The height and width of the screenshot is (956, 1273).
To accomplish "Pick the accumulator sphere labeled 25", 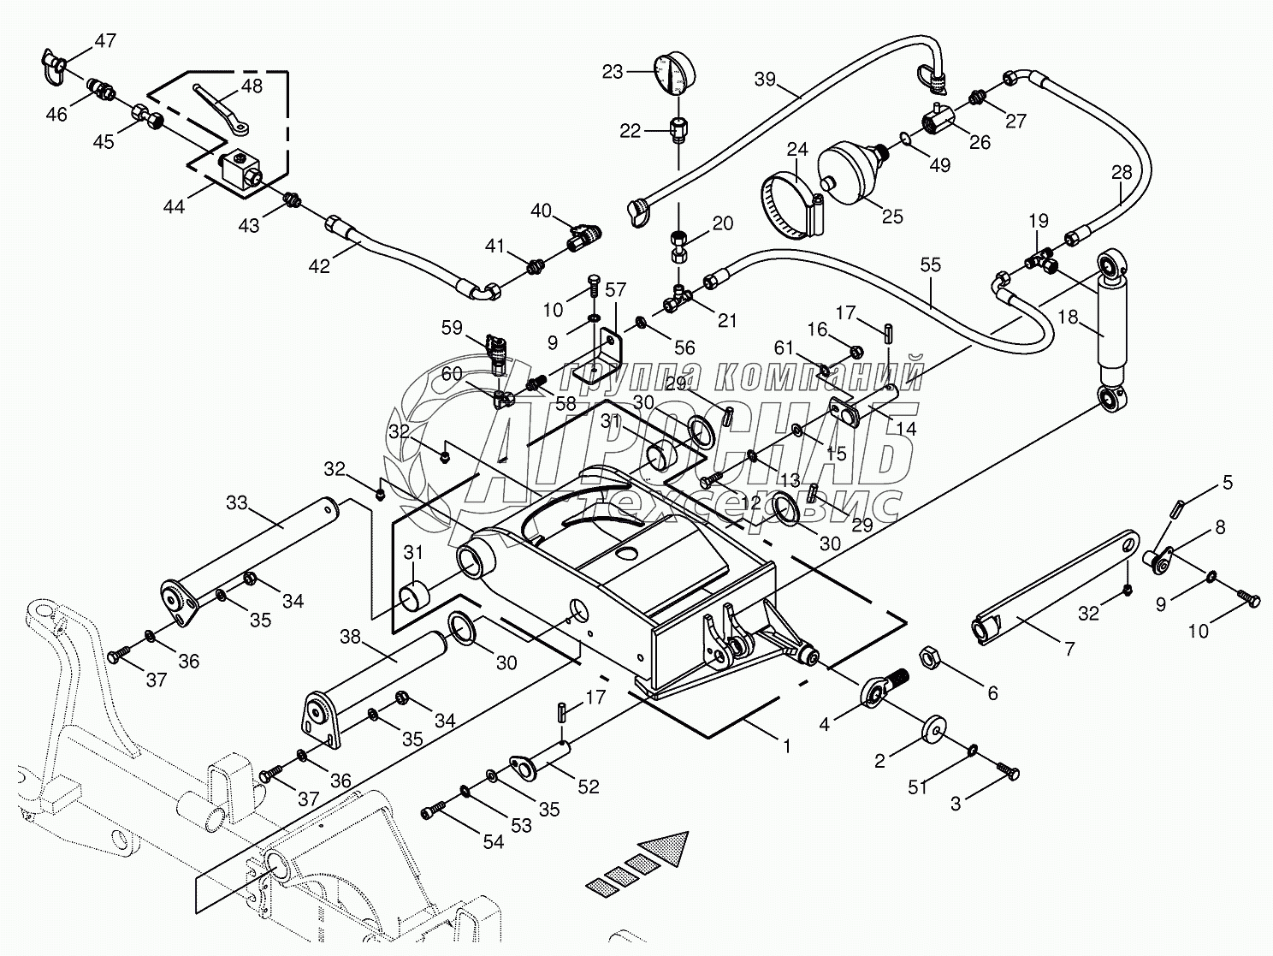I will coord(850,173).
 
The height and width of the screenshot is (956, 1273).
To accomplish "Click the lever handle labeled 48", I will coord(220,107).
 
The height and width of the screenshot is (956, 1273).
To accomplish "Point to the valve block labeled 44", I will coord(240,169).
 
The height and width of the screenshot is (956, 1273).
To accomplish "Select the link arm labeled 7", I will coord(1057,585).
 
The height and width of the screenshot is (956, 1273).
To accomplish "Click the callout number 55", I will coord(930,264).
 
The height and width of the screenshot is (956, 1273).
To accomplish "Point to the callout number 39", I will coord(766,80).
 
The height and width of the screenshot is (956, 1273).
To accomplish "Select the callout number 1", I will coord(786,746).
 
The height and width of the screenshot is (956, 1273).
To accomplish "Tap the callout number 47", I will coord(105,40).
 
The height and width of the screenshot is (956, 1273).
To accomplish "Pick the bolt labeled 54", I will coord(435,808).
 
